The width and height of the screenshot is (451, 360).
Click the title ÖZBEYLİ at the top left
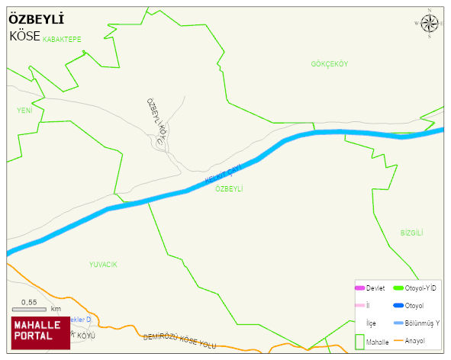pyautogui.click(x=36, y=19)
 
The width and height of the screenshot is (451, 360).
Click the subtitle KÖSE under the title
pyautogui.click(x=24, y=36)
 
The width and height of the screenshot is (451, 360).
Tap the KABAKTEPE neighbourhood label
pyautogui.click(x=62, y=38)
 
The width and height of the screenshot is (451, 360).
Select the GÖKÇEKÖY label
pyautogui.click(x=329, y=64)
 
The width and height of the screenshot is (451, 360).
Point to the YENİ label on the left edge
pyautogui.click(x=24, y=111)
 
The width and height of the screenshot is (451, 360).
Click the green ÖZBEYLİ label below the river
pyautogui.click(x=229, y=188)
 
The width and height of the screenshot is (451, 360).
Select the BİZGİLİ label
pyautogui.click(x=411, y=233)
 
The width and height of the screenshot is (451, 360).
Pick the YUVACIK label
pyautogui.click(x=103, y=264)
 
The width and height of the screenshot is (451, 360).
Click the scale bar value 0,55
pyautogui.click(x=28, y=302)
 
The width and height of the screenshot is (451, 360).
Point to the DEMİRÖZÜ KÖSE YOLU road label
pyautogui.click(x=179, y=341)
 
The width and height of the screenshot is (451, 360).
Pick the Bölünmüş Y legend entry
pyautogui.click(x=421, y=323)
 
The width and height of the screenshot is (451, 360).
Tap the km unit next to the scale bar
pyautogui.click(x=56, y=309)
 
